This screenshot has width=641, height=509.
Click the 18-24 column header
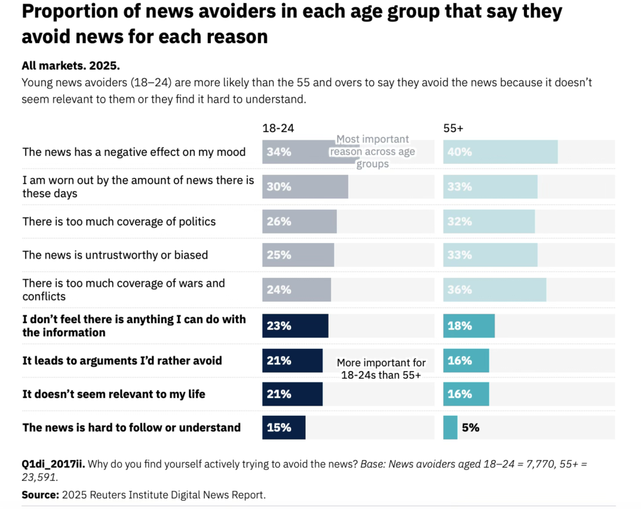click(278, 128)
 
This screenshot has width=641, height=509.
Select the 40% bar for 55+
click(500, 152)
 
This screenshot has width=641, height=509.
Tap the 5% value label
click(470, 428)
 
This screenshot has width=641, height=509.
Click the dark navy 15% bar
click(284, 428)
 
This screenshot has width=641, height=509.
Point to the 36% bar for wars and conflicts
click(495, 290)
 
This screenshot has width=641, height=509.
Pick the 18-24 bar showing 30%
click(305, 187)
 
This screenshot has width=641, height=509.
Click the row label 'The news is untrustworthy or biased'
click(115, 255)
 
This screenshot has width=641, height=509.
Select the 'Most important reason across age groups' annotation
click(372, 152)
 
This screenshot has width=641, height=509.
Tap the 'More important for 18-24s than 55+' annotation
click(381, 369)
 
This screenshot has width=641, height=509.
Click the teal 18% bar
click(469, 326)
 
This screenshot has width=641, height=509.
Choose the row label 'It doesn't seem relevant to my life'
click(114, 394)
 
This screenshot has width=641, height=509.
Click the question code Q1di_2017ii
click(53, 464)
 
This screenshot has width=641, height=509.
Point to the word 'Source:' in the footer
click(39, 495)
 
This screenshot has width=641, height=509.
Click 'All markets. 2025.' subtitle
click(70, 66)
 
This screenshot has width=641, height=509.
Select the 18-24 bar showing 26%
click(299, 222)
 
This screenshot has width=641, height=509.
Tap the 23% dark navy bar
click(295, 326)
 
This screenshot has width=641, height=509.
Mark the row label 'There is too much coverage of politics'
click(119, 221)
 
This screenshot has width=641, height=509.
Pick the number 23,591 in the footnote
click(39, 477)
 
